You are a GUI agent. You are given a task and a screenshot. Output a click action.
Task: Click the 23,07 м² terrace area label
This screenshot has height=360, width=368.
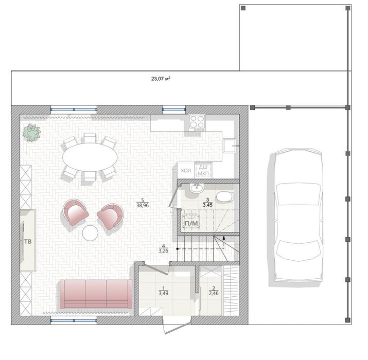click(161, 79)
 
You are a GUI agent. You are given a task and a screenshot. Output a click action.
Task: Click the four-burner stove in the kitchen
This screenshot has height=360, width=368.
click(197, 122)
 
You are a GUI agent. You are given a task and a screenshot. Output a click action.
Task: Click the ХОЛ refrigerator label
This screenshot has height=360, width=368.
click(186, 170)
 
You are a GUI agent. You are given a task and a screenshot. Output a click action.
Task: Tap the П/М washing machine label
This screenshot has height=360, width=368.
click(191, 223)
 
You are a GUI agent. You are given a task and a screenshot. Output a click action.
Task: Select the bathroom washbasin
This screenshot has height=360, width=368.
click(196, 188)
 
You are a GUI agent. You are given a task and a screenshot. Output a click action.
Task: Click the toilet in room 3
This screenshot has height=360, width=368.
click(225, 197)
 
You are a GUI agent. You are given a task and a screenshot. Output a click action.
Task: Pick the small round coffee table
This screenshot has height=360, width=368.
click(91, 233)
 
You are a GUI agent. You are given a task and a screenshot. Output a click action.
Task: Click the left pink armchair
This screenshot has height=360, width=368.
click(76, 213)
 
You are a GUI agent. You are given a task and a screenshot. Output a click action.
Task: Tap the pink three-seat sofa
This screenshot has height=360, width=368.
click(95, 294)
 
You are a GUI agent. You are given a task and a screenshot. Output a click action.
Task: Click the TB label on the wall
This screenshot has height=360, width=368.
click(27, 241)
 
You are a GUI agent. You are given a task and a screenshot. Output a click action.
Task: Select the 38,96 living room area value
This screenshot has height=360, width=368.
click(143, 205)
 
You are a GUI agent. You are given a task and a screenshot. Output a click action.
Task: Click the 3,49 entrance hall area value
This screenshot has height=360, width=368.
click(163, 293)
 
